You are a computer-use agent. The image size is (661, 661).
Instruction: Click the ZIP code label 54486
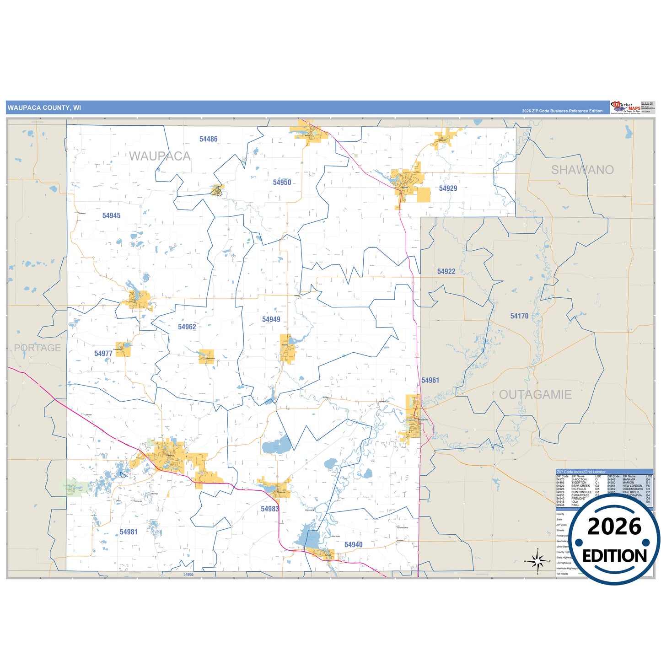pos(208,139)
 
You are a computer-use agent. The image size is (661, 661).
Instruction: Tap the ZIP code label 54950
pos(282,183)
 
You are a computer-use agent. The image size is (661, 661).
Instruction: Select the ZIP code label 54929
pos(448,188)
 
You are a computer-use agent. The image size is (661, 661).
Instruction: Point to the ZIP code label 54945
pos(111,215)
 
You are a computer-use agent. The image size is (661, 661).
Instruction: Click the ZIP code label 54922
pos(446,272)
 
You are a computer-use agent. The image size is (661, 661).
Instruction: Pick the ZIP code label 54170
pos(519,316)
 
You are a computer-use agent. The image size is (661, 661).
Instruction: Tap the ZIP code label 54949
pos(271,319)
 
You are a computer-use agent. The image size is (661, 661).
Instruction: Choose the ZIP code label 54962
pos(187,327)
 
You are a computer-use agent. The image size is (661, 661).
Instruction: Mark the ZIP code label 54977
pos(103,354)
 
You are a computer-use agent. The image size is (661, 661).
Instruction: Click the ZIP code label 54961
pos(430,380)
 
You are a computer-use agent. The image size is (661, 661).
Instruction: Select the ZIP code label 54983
pos(270,509)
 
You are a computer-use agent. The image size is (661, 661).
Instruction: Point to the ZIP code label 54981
pos(129,532)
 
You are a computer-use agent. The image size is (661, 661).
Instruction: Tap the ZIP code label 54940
pos(353,544)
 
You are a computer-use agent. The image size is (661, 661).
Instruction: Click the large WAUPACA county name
pos(160,156)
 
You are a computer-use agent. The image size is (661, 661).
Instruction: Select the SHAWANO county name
pos(582,170)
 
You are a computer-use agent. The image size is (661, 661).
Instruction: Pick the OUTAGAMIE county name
pos(535,395)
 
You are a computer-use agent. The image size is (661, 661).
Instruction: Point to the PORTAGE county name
pos(38,348)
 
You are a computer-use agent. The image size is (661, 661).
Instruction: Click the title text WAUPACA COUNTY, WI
pos(44,108)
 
